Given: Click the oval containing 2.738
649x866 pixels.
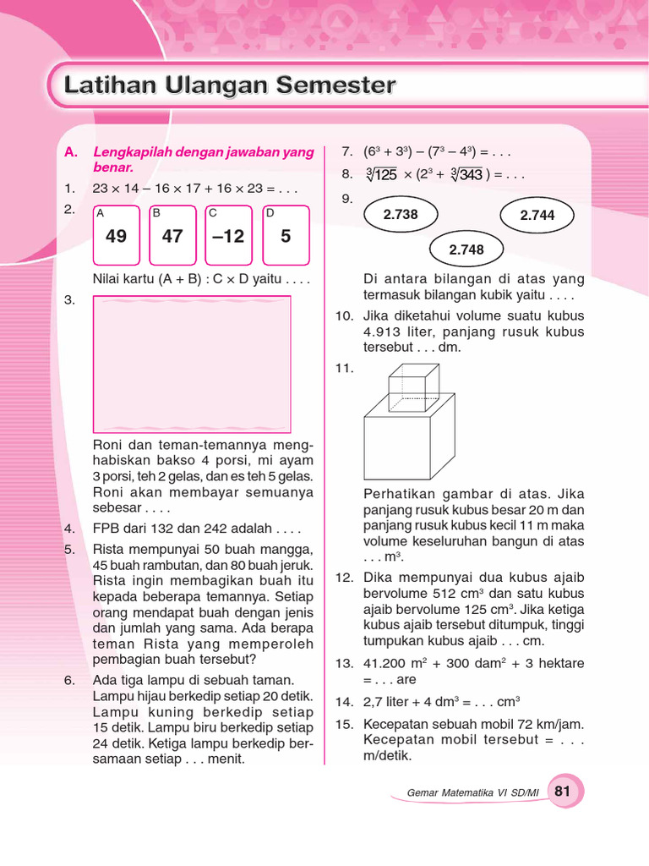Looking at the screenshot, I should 401,215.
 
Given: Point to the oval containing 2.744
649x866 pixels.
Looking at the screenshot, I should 537,216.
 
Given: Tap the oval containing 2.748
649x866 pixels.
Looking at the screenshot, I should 466,249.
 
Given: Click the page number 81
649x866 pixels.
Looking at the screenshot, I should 563,792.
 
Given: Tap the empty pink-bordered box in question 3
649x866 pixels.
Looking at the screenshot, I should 191,364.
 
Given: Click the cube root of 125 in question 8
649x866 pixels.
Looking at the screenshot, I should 381,175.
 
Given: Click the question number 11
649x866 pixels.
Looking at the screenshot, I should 343,369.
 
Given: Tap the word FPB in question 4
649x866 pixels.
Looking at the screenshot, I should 106,529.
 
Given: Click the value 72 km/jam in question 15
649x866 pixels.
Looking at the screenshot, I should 554,725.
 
